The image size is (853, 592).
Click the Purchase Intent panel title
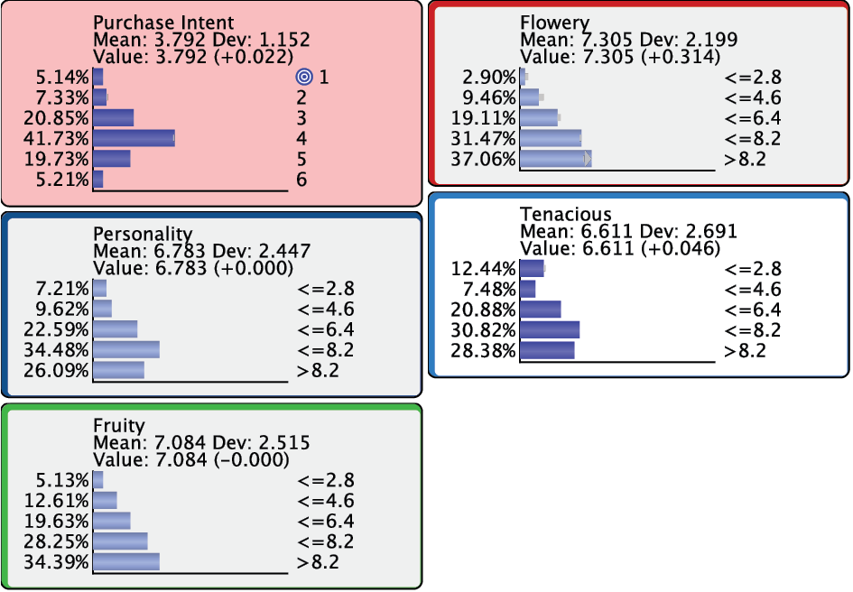pyautogui.click(x=163, y=23)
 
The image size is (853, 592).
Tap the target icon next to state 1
pyautogui.click(x=304, y=77)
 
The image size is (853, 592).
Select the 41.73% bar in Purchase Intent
pyautogui.click(x=134, y=138)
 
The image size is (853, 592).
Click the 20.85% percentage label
pyautogui.click(x=55, y=118)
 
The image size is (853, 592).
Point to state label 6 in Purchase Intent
pyautogui.click(x=301, y=179)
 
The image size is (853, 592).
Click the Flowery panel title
pyautogui.click(x=555, y=23)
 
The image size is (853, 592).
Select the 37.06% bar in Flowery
pyautogui.click(x=555, y=159)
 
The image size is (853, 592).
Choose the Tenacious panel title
pyautogui.click(x=566, y=214)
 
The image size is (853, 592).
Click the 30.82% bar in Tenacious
pyautogui.click(x=550, y=329)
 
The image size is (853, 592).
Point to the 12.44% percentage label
pyautogui.click(x=483, y=269)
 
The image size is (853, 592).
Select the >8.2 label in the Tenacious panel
pyautogui.click(x=745, y=350)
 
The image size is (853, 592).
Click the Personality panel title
pyautogui.click(x=143, y=234)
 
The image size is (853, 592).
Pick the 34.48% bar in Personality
pyautogui.click(x=126, y=349)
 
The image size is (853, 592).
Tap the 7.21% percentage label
pyautogui.click(x=62, y=289)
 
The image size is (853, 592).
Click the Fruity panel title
pyautogui.click(x=118, y=425)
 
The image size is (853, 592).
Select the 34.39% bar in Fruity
pyautogui.click(x=126, y=561)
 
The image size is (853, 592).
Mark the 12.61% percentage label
pyautogui.click(x=56, y=501)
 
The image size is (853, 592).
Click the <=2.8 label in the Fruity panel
pyautogui.click(x=325, y=480)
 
